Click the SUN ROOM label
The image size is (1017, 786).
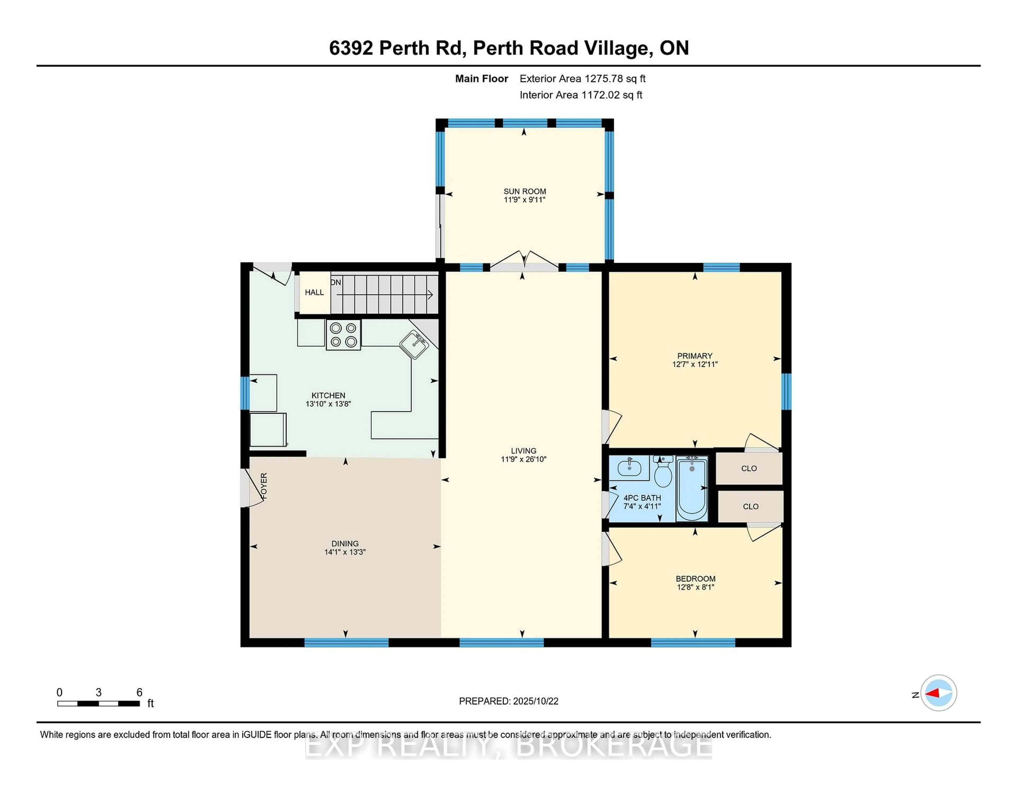click(x=524, y=191)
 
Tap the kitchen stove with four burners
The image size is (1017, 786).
click(x=343, y=335)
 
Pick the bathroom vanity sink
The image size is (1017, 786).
click(x=629, y=468)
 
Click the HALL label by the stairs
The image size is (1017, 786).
click(x=314, y=292)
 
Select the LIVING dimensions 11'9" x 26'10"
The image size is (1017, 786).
click(x=523, y=459)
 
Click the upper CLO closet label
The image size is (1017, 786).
click(x=749, y=468)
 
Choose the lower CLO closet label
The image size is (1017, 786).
click(x=750, y=507)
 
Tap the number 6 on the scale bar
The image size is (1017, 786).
click(x=139, y=693)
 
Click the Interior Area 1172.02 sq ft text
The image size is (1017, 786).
click(x=581, y=95)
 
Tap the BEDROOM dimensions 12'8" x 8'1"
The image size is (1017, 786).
click(x=695, y=587)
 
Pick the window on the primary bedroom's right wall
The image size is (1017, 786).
click(x=786, y=392)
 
